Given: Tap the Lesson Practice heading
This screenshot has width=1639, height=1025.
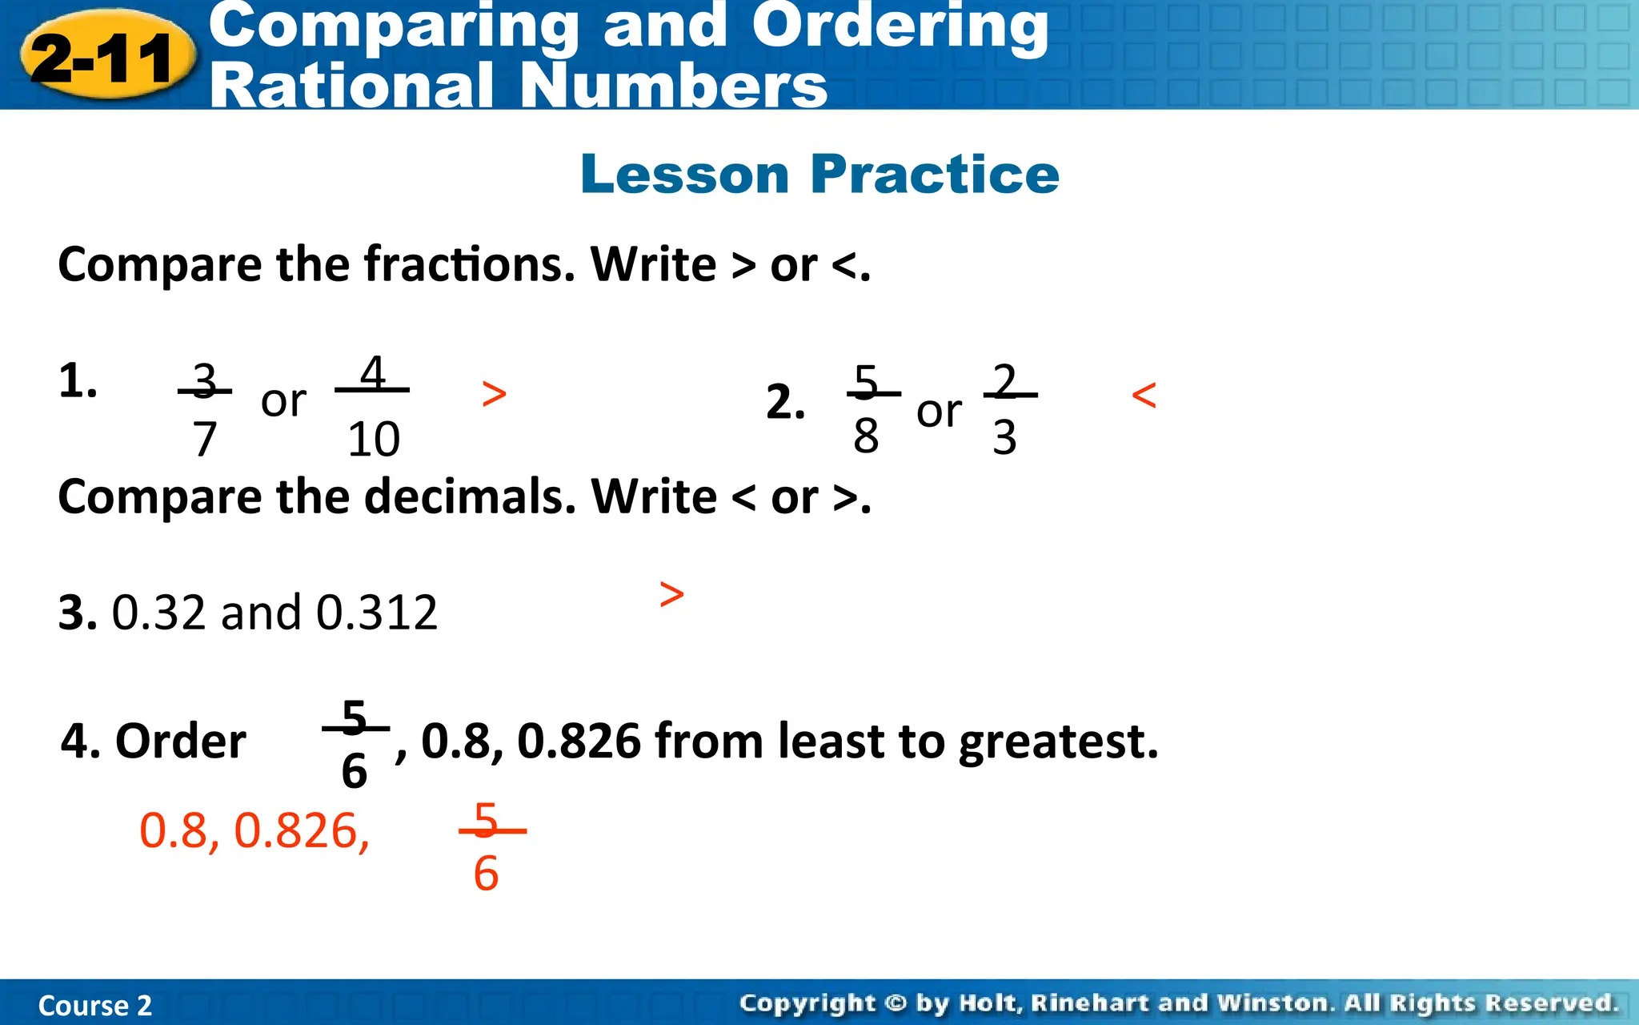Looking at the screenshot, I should (x=819, y=174).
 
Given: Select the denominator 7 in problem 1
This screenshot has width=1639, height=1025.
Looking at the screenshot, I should (x=205, y=439).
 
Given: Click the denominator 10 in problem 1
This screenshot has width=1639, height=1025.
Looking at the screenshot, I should (x=373, y=439).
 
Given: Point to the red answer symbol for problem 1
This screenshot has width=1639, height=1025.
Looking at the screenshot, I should (x=495, y=394).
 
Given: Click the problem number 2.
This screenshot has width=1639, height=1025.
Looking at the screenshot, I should (x=784, y=401).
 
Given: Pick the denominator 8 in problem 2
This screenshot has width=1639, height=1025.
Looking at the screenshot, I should (x=866, y=436).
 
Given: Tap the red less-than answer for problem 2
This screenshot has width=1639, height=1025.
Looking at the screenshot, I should (x=1144, y=396).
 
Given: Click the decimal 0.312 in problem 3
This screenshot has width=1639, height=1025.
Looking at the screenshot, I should (x=377, y=613).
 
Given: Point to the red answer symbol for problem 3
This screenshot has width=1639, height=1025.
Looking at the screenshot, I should (x=672, y=594).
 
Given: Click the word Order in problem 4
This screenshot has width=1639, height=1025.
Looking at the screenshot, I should (x=181, y=742).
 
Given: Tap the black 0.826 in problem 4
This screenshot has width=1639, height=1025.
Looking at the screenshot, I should (x=579, y=742).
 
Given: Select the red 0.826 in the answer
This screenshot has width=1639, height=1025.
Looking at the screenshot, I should (x=301, y=831).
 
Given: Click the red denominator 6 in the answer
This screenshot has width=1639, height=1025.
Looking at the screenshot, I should (x=486, y=874).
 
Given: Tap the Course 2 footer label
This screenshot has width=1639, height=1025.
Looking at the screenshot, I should (x=94, y=1006).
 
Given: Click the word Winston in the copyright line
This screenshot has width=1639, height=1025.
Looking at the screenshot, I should (x=1272, y=1003).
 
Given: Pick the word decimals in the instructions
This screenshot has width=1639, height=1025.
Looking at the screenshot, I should (x=470, y=497).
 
